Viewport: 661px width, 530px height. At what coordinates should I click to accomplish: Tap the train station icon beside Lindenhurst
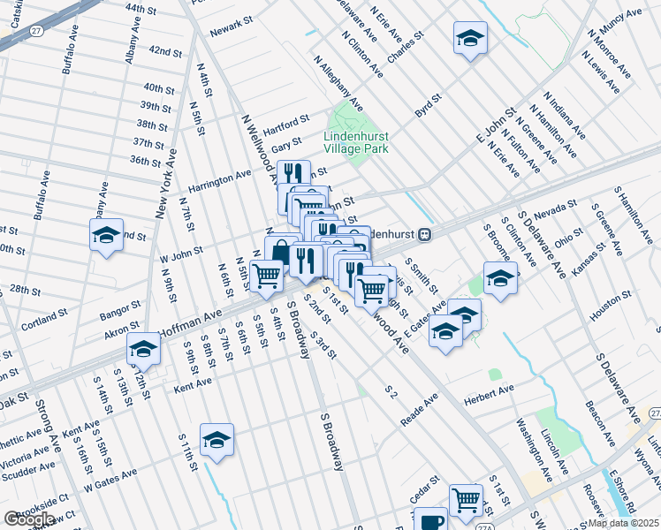[x=426, y=235]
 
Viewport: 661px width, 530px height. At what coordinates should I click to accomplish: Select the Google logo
[x=29, y=519]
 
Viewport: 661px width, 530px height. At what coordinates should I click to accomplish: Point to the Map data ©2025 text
[x=624, y=523]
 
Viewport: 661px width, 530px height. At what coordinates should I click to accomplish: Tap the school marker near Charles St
[x=470, y=38]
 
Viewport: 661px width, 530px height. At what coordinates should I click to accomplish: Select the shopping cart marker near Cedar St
[x=465, y=499]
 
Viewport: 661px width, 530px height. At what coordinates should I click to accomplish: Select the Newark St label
[x=232, y=32]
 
